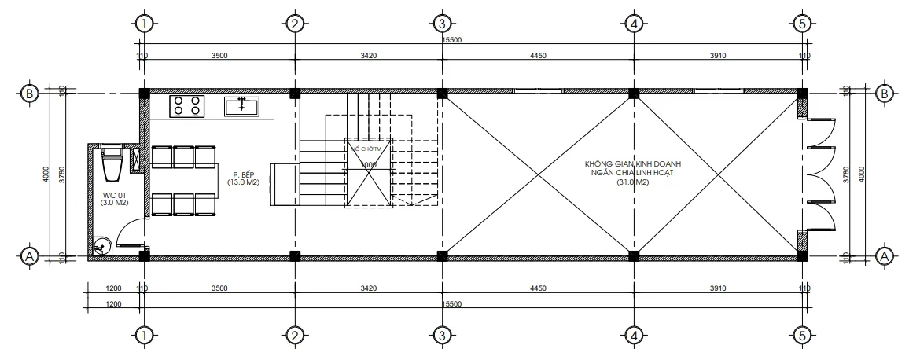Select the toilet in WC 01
pyautogui.click(x=111, y=163)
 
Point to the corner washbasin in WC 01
pyautogui.click(x=101, y=246)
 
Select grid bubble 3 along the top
pyautogui.click(x=442, y=24)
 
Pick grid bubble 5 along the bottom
pyautogui.click(x=801, y=336)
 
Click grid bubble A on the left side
pyautogui.click(x=29, y=256)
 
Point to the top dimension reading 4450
pyautogui.click(x=538, y=56)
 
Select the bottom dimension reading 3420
pyautogui.click(x=368, y=289)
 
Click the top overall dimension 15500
pyautogui.click(x=452, y=40)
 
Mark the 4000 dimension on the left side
pyautogui.click(x=47, y=174)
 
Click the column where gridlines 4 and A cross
pyautogui.click(x=633, y=255)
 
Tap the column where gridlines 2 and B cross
pyautogui.click(x=294, y=94)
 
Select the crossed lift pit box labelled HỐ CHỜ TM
pyautogui.click(x=368, y=173)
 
